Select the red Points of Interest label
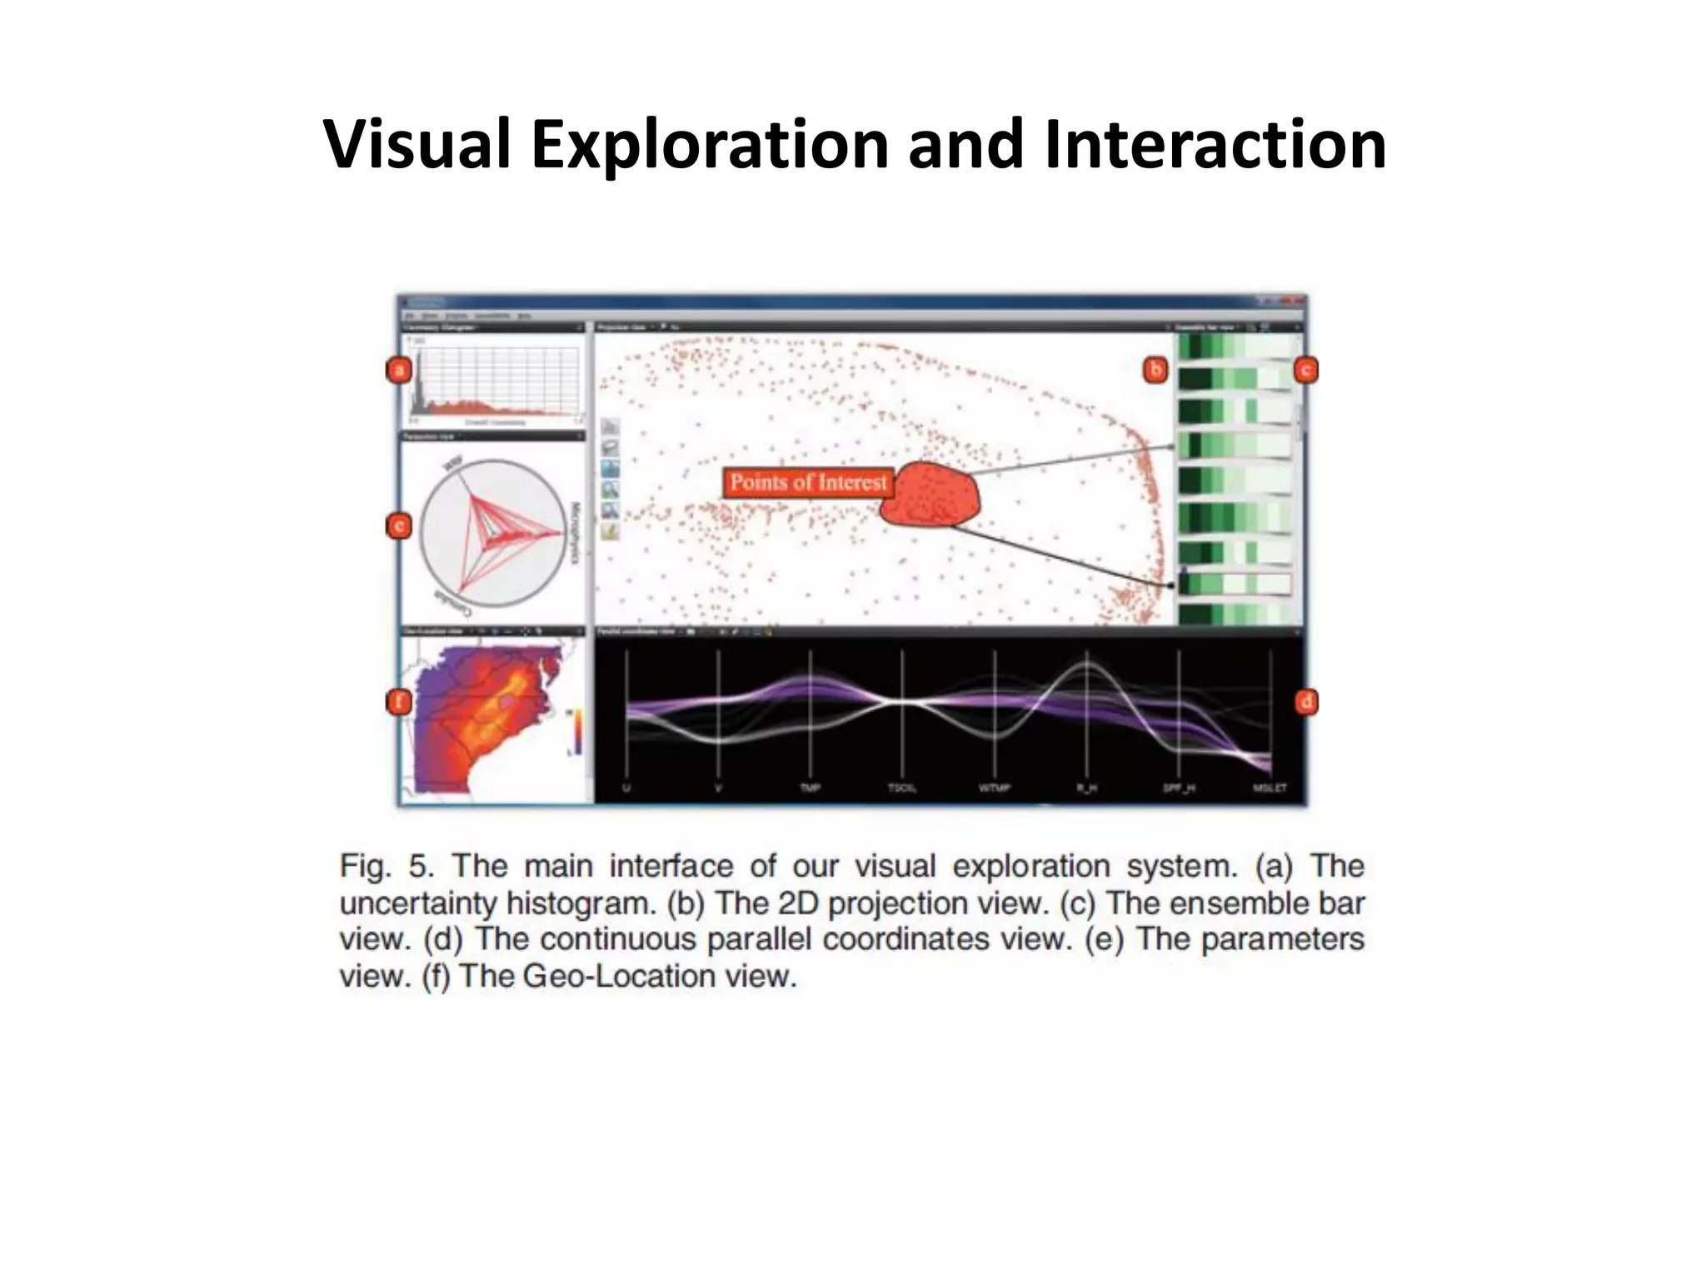tap(807, 483)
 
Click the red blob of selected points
tap(930, 495)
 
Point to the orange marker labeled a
tap(400, 370)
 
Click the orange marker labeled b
tap(1155, 370)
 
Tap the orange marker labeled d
tap(1305, 702)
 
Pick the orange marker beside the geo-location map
tap(400, 702)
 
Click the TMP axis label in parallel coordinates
tap(810, 788)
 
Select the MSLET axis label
tap(1270, 788)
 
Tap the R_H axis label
tap(1086, 788)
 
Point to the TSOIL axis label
tap(902, 788)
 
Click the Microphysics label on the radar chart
tap(574, 533)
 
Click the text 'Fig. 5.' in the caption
tap(387, 867)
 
